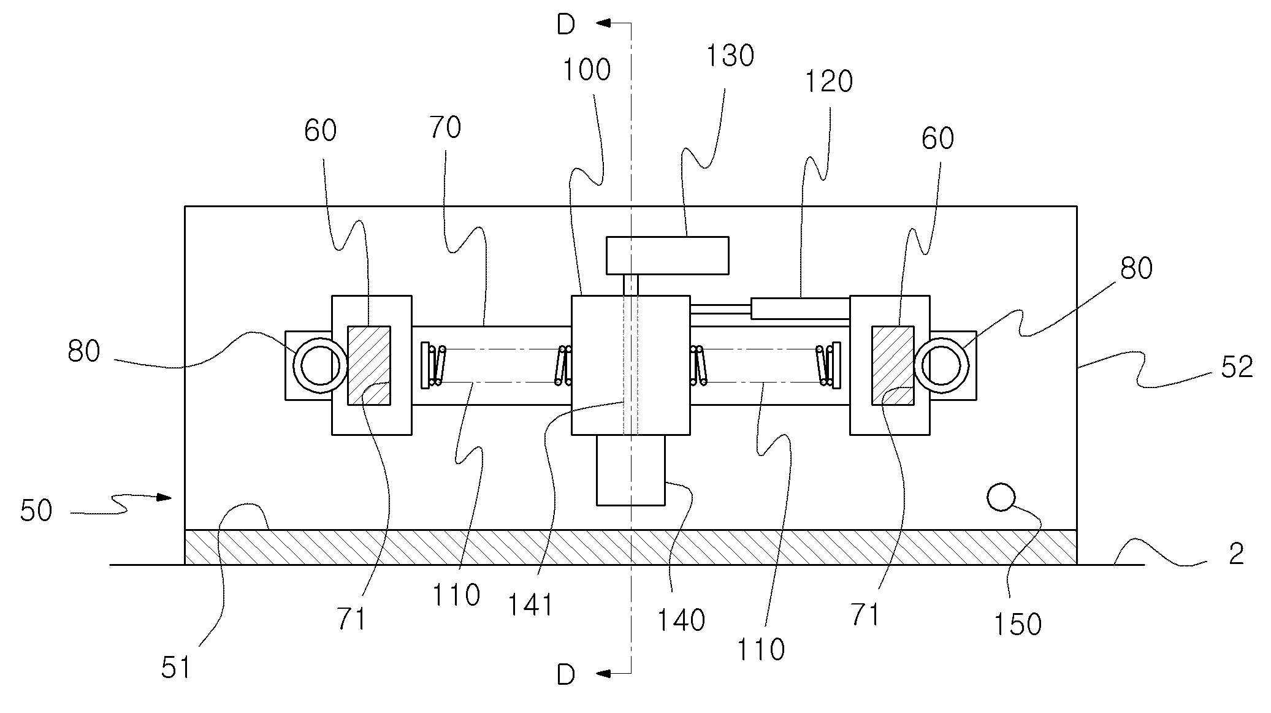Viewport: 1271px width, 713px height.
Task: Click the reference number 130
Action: coord(730,56)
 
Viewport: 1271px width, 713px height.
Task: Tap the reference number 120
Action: coord(829,82)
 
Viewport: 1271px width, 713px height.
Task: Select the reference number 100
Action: coord(587,70)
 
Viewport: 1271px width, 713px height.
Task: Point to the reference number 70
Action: coord(446,128)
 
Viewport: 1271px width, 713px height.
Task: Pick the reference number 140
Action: coord(681,620)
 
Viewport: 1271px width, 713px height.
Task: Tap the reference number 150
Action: coord(1018,625)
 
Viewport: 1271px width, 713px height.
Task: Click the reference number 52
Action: coord(1237,367)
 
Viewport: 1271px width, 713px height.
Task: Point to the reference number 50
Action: coord(36,511)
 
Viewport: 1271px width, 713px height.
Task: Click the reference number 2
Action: coord(1237,554)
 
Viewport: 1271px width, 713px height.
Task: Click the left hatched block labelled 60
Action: coord(369,365)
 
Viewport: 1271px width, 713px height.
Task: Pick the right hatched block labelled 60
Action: coord(893,365)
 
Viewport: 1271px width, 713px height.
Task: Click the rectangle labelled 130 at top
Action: coord(668,255)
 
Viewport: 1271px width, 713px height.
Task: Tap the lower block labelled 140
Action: coord(631,470)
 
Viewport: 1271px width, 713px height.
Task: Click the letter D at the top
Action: coord(566,25)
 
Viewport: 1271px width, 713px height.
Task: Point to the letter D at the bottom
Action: coord(566,675)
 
